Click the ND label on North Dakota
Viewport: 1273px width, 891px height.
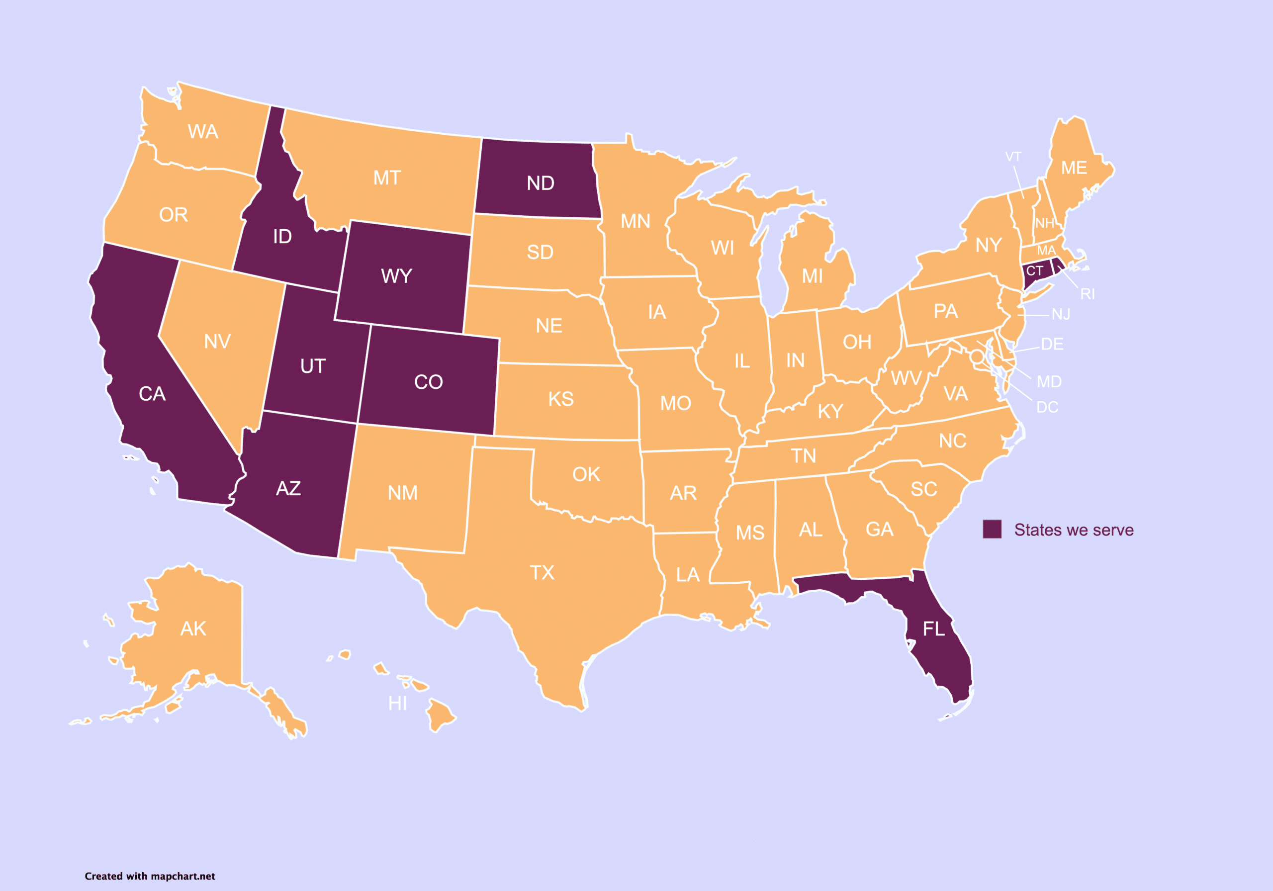pos(540,183)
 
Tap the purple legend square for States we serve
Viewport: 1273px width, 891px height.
pos(992,529)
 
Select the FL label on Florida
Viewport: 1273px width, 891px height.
pos(934,629)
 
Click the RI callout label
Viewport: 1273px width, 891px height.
pos(1087,294)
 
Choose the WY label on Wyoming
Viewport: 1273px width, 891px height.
pos(396,276)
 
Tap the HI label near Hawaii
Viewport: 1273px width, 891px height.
pos(397,704)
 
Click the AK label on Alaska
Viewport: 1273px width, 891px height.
pos(193,629)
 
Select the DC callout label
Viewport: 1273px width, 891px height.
pos(1047,408)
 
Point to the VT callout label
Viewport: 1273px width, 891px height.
pos(1013,157)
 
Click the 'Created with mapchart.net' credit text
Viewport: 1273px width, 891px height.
pos(150,876)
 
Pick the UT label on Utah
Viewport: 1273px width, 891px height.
pos(313,366)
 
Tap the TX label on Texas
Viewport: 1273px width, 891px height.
pos(542,573)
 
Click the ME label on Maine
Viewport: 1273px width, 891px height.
pos(1074,168)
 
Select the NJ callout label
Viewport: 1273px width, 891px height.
pos(1061,315)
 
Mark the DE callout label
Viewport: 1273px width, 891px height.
pos(1052,344)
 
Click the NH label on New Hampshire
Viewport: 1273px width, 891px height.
pos(1045,223)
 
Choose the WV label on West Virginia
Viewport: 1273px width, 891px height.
pos(906,379)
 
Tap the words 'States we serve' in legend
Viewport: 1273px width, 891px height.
pos(1074,530)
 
